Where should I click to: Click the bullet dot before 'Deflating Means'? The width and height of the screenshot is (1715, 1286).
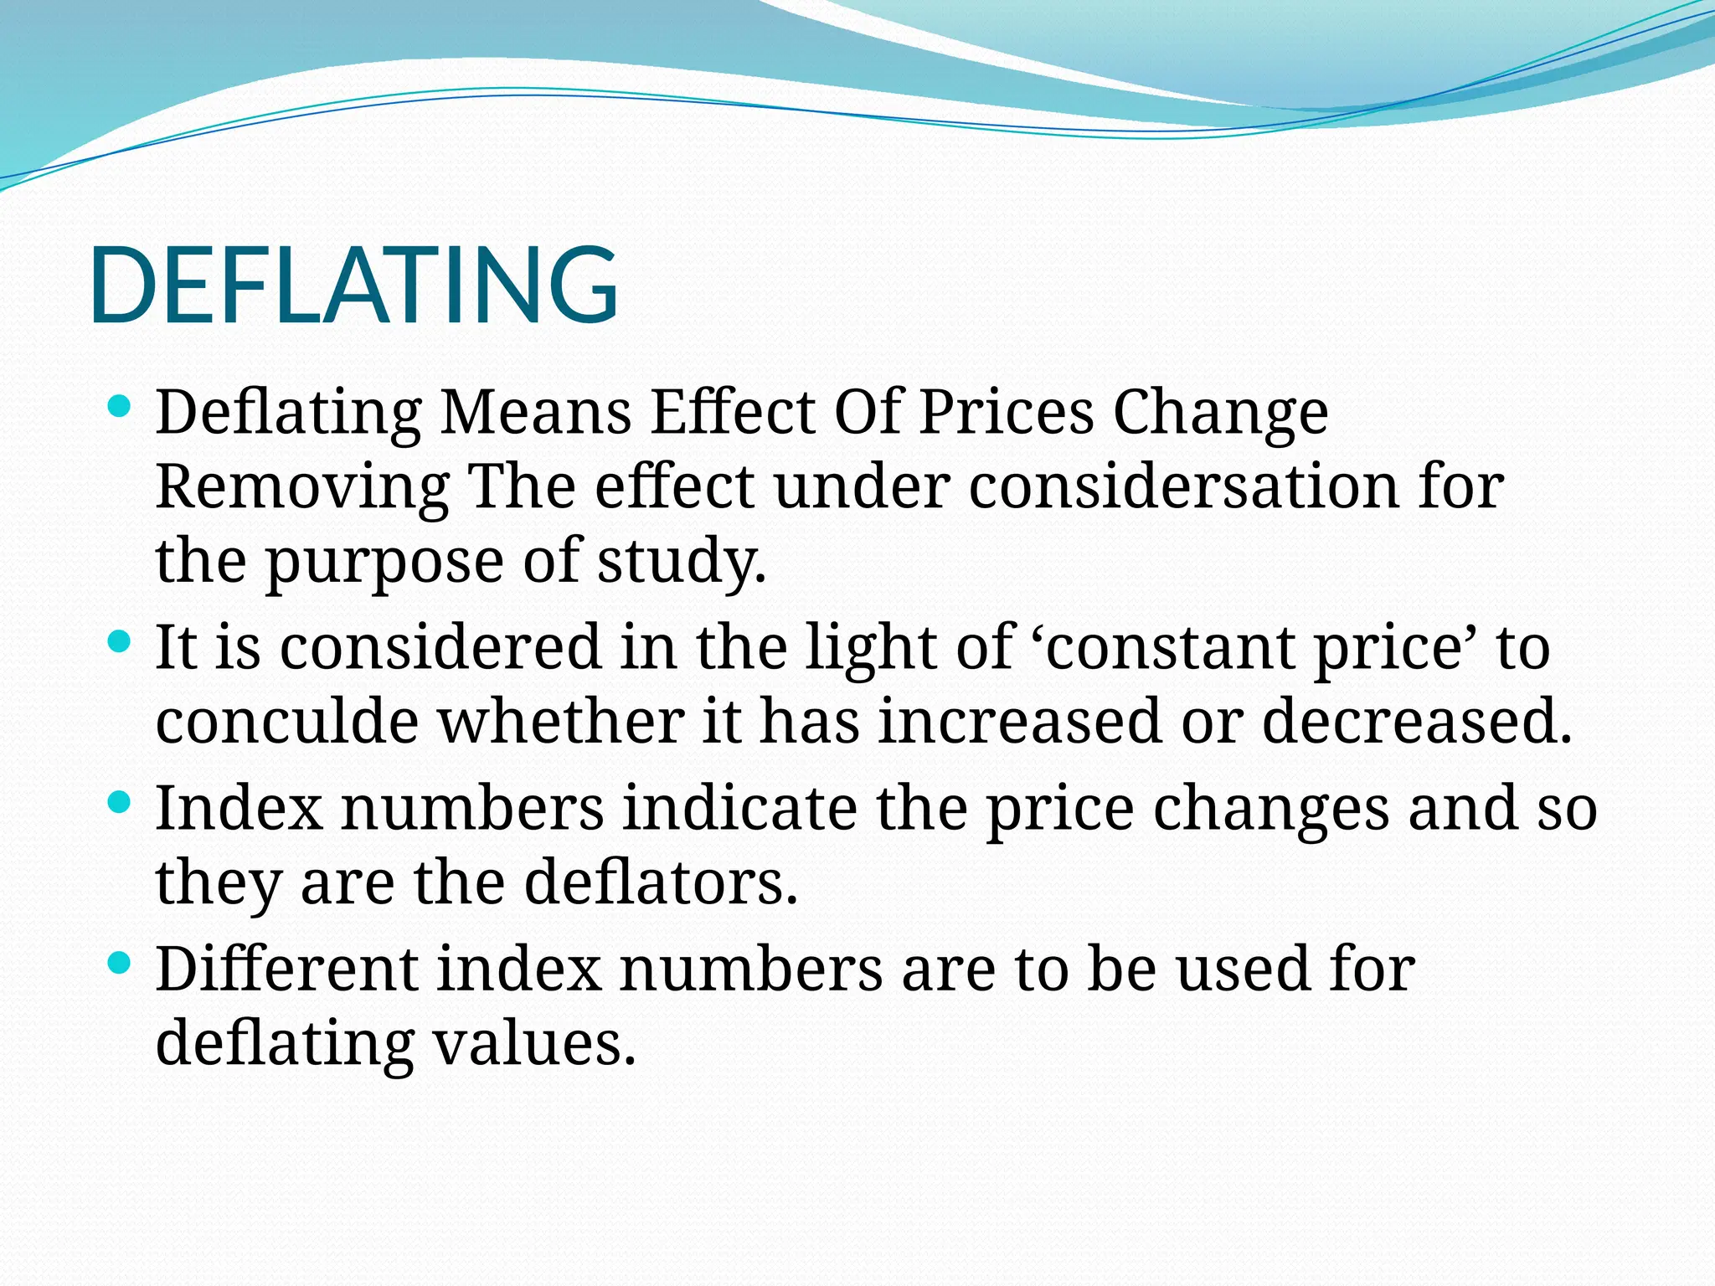(x=121, y=408)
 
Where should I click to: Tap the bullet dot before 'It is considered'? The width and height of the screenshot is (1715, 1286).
(x=121, y=642)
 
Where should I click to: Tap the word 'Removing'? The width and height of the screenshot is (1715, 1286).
(x=302, y=487)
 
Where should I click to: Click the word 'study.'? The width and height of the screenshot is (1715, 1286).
(x=681, y=561)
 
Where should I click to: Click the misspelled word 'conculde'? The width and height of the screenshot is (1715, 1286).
(x=286, y=722)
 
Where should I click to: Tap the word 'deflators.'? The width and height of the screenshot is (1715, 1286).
(x=661, y=882)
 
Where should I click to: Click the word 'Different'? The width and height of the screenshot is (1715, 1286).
(x=287, y=969)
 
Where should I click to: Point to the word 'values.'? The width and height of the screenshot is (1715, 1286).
(x=534, y=1043)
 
